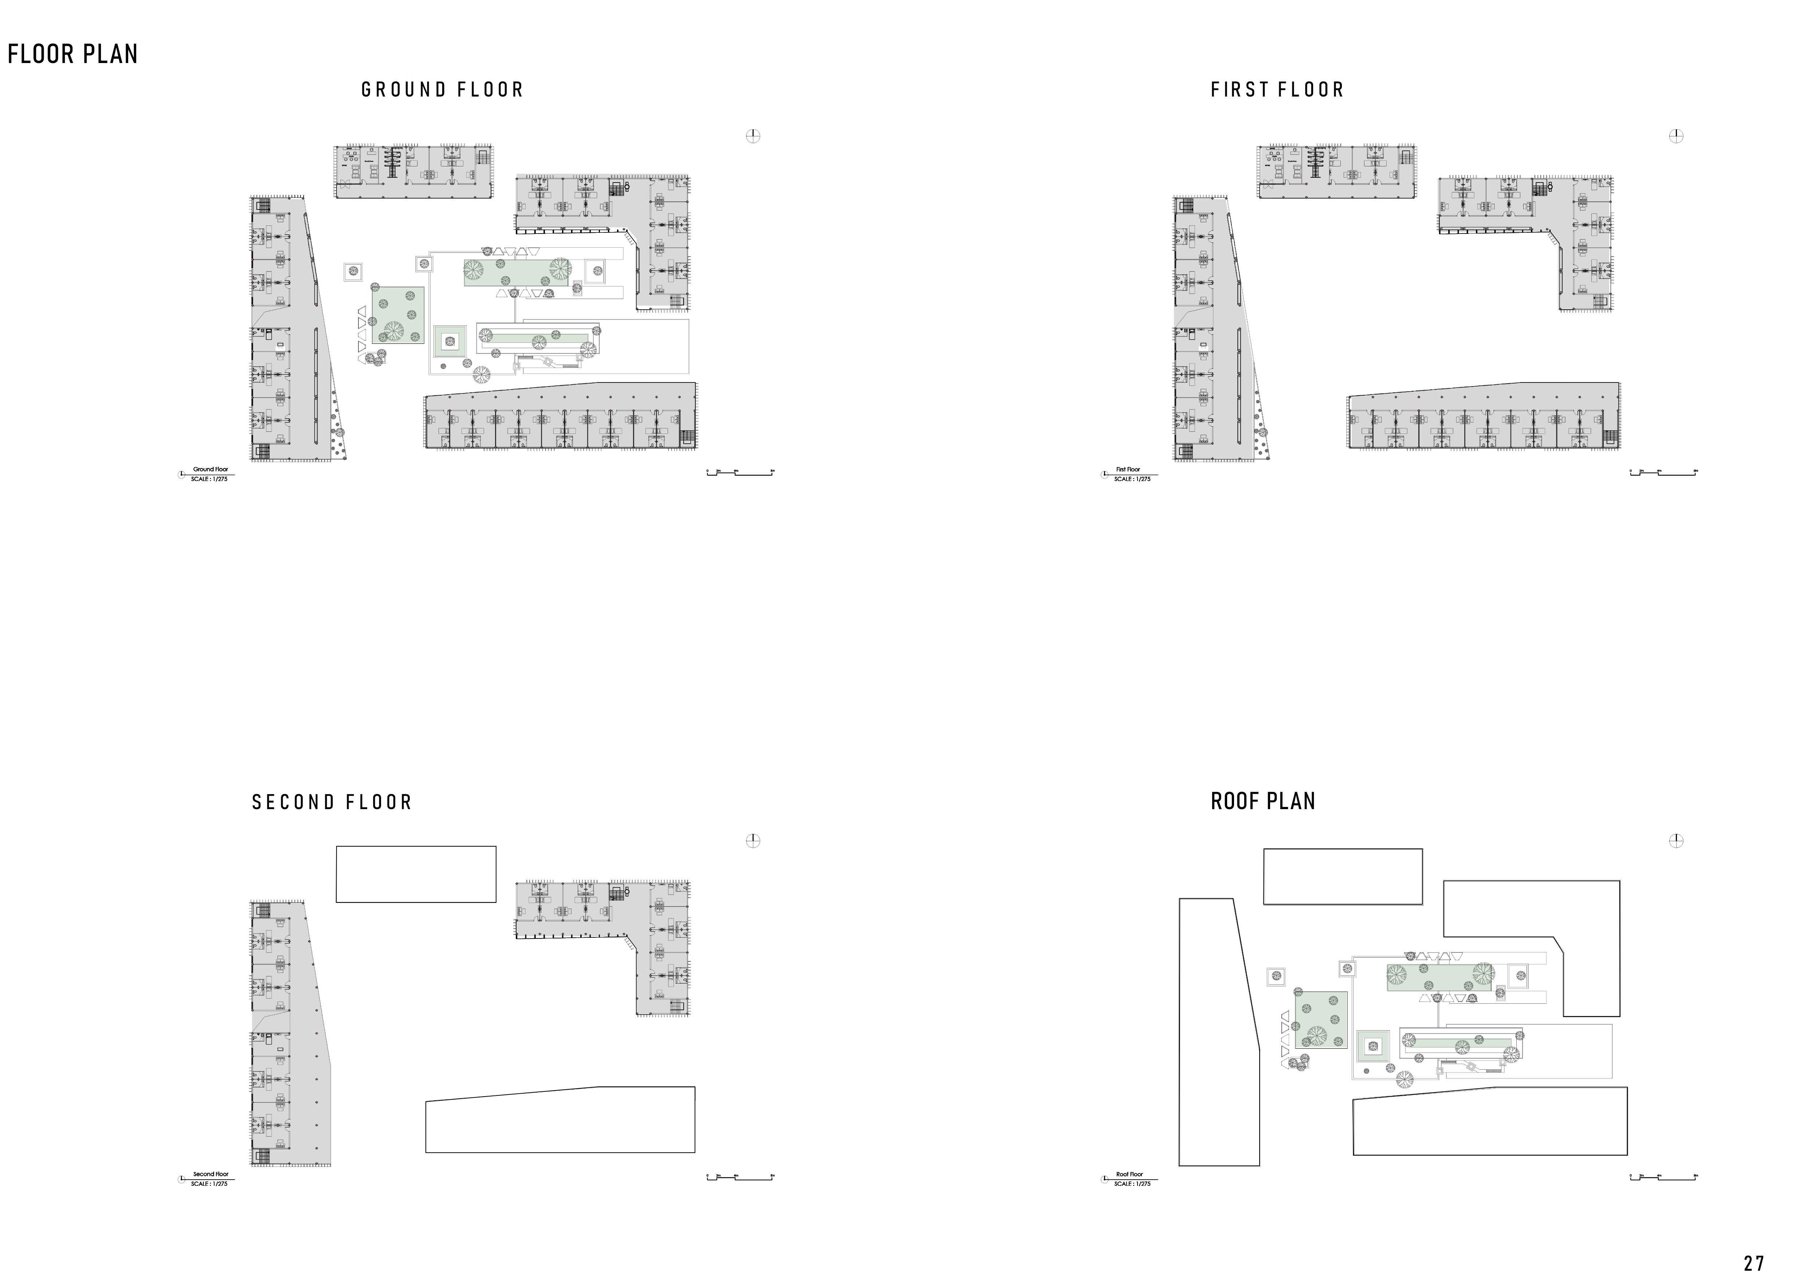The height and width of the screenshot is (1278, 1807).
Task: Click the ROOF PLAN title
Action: click(x=1262, y=801)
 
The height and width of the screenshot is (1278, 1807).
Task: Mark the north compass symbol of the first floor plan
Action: click(x=1676, y=136)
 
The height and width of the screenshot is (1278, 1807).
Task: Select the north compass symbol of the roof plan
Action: click(x=1676, y=840)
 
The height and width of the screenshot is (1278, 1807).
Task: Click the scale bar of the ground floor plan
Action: click(x=740, y=473)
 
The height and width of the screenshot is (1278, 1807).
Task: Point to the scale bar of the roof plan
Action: click(x=1663, y=1177)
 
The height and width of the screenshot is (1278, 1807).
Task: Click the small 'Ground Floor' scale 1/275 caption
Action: click(x=209, y=474)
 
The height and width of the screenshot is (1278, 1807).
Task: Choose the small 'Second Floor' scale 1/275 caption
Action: click(x=209, y=1178)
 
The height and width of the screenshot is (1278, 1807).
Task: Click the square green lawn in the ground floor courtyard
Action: click(x=398, y=315)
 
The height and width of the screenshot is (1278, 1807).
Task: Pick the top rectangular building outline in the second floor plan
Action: click(x=416, y=874)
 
